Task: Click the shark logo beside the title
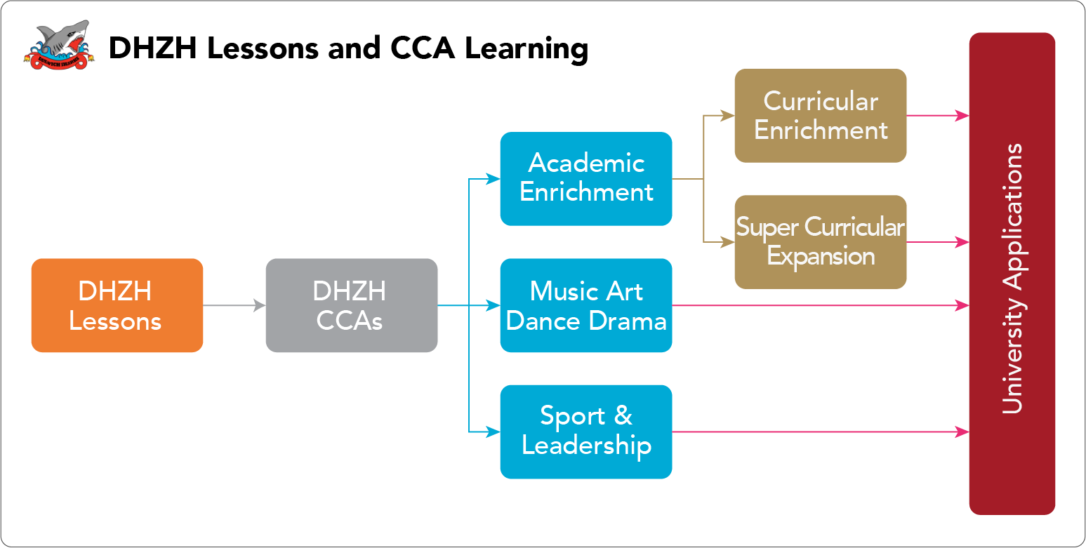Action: [x=59, y=45]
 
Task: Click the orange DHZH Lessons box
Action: [x=117, y=305]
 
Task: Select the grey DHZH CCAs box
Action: [x=352, y=305]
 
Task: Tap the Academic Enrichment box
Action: [x=586, y=179]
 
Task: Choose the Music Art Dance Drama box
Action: [x=586, y=305]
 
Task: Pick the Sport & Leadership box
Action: [x=586, y=432]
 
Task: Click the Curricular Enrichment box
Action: [x=821, y=115]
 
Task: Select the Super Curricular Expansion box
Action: [x=821, y=242]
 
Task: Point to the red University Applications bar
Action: [x=1012, y=273]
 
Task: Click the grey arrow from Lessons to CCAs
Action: [x=234, y=305]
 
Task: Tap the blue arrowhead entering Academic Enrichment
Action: [x=493, y=179]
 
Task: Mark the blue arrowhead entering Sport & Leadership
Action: [x=493, y=432]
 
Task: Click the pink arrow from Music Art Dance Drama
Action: [x=821, y=305]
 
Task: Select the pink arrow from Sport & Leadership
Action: [x=821, y=432]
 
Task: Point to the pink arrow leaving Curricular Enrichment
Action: [x=938, y=115]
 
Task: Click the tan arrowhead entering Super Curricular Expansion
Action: [x=728, y=242]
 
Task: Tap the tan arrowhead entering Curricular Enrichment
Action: [x=728, y=115]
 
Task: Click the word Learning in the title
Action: [x=527, y=49]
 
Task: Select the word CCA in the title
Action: [x=423, y=48]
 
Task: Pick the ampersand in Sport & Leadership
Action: [x=623, y=415]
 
